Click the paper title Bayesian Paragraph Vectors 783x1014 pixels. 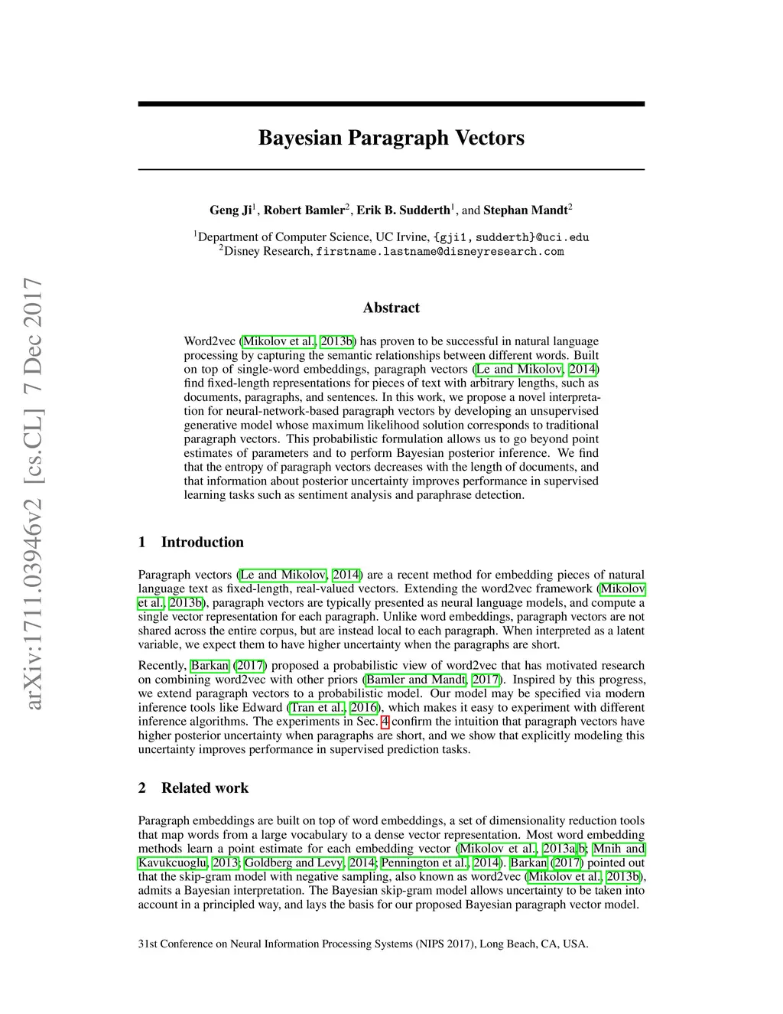click(391, 138)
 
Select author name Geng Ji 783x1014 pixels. click(230, 210)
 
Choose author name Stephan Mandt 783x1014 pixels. click(525, 210)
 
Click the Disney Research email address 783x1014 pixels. click(440, 251)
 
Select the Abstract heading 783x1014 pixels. click(391, 308)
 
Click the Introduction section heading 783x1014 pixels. click(202, 542)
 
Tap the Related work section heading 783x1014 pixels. click(204, 787)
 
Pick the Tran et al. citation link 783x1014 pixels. click(317, 707)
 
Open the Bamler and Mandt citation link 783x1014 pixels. click(416, 680)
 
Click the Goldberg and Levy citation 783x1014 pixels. click(294, 862)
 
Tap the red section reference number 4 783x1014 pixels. click(385, 721)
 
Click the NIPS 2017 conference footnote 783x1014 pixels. click(363, 944)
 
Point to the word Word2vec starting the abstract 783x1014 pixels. click(210, 341)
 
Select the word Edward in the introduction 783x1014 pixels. click(262, 707)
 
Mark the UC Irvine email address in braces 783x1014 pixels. click(512, 237)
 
